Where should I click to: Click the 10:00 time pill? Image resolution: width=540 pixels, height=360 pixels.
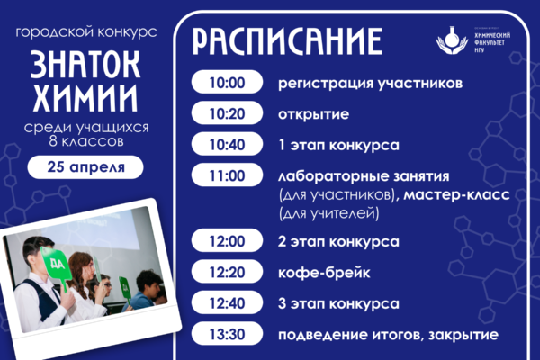tap(226, 84)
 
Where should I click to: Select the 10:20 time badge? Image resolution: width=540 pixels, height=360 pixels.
tap(226, 114)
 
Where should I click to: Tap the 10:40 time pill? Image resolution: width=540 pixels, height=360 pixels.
tap(226, 144)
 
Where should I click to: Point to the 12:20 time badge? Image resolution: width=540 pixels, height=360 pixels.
tap(226, 271)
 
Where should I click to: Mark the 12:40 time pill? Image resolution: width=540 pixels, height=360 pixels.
tap(226, 301)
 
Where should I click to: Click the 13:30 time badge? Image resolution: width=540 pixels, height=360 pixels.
tap(226, 335)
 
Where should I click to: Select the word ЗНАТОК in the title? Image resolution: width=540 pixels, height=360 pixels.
tap(85, 64)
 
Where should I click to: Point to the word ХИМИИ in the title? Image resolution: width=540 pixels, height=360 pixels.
tap(85, 95)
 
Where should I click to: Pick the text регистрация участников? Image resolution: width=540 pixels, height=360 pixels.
tap(370, 85)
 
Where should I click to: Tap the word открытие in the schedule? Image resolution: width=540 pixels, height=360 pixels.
tap(314, 114)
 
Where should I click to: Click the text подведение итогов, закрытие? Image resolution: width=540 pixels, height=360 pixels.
tap(388, 335)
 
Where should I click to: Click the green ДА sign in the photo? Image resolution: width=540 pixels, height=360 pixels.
tap(55, 263)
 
